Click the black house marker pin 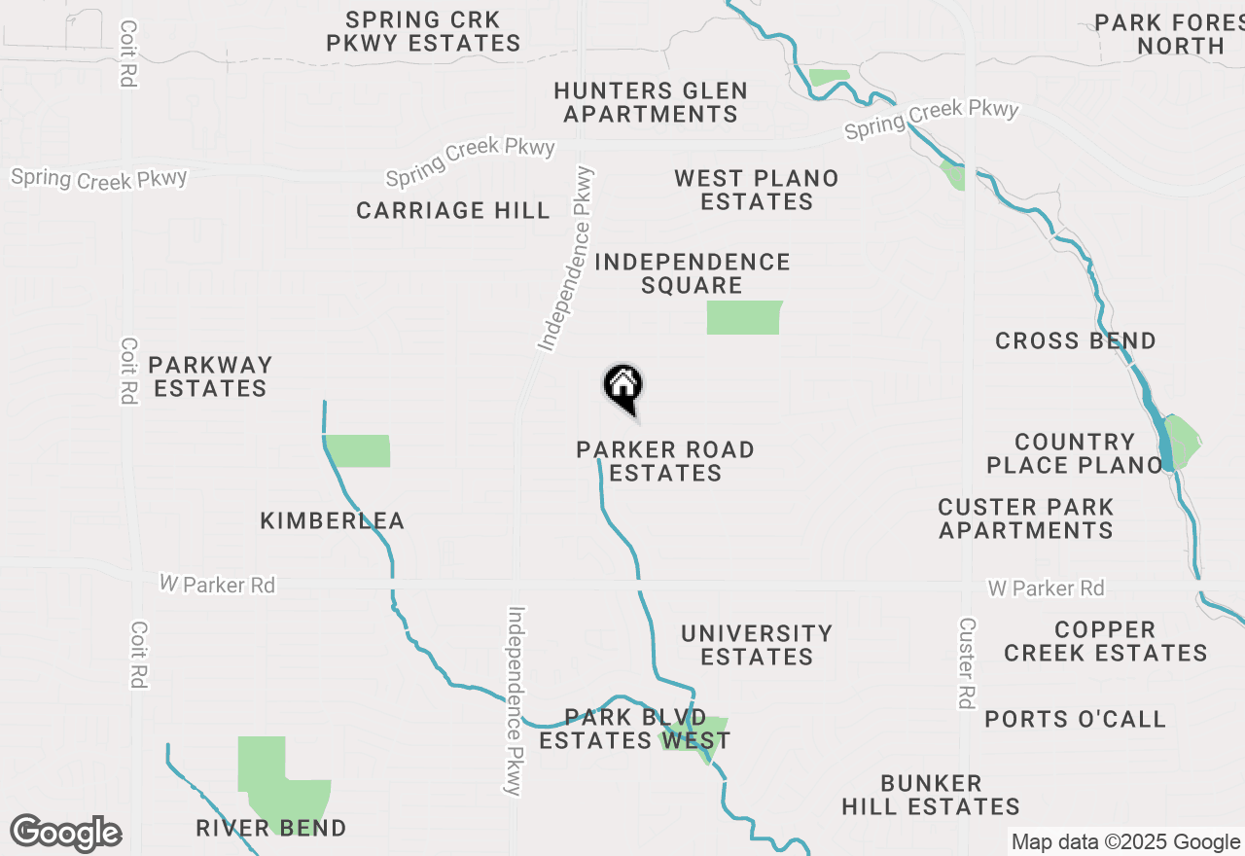623,388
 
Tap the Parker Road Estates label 665,461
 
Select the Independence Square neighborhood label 692,273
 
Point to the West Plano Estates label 757,190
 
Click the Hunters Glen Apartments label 651,102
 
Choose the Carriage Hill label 453,210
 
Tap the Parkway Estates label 210,376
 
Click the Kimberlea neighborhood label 333,521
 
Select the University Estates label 757,645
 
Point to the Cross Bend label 1076,340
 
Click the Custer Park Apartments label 1026,518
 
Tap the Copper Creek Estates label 1106,641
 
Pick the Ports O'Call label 1075,719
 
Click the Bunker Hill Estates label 931,795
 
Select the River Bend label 271,829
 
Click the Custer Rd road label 966,662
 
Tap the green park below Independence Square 744,317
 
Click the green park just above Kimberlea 358,450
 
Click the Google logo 66,834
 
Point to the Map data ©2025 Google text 1125,842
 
